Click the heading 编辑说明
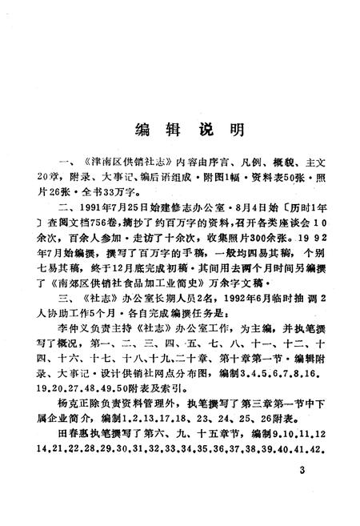181,129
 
